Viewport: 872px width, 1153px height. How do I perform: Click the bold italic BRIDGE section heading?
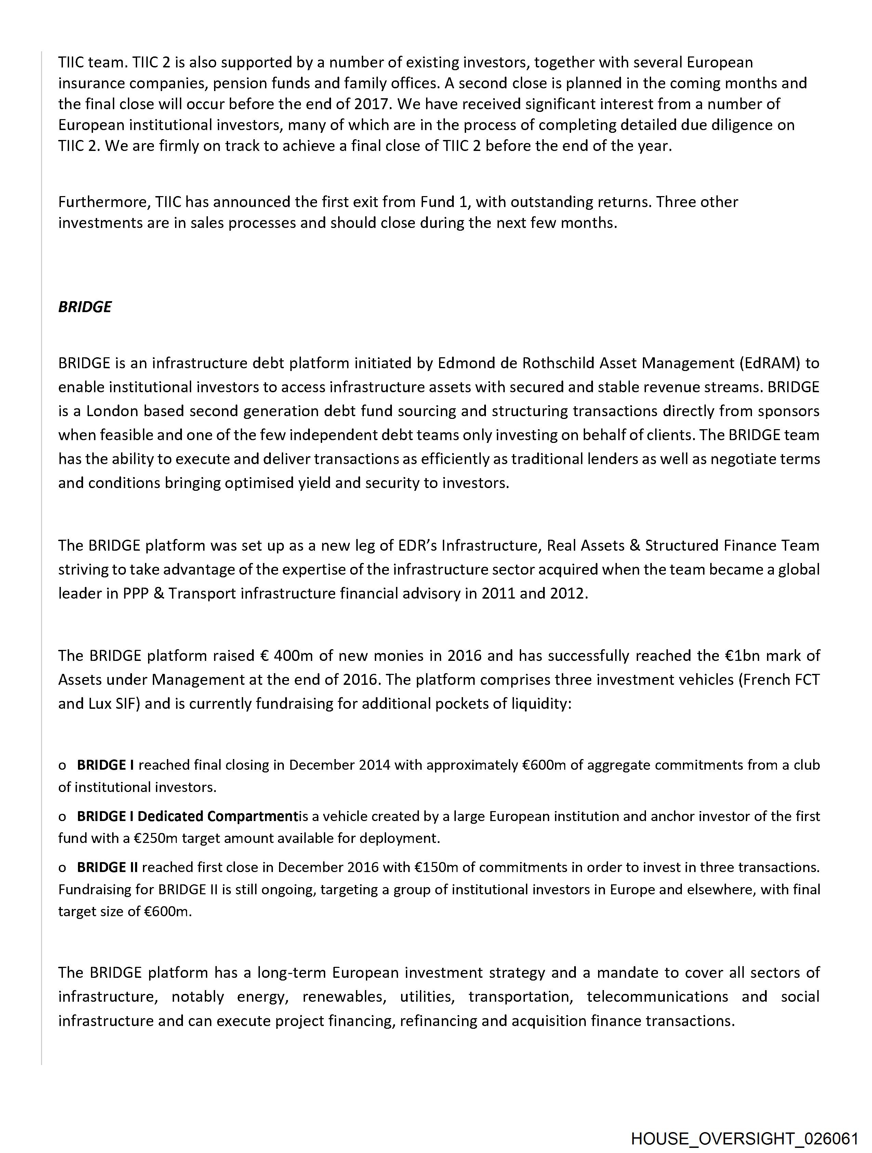[x=84, y=307]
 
